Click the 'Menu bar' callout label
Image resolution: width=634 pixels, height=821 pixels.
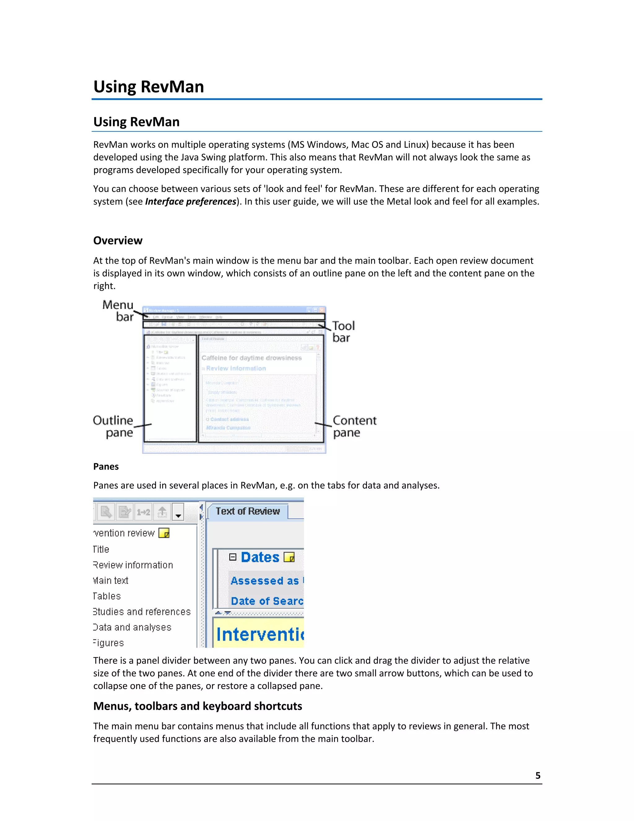click(x=118, y=310)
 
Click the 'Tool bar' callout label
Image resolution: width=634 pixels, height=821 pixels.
click(x=343, y=331)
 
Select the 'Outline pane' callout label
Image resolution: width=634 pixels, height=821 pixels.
click(x=113, y=426)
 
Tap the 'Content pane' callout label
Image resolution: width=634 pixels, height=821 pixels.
click(x=354, y=426)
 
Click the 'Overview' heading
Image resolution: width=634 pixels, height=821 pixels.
click(x=118, y=241)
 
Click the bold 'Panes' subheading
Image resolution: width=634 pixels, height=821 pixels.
click(x=106, y=467)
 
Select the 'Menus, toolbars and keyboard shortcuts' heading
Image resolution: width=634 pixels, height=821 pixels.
click(x=198, y=706)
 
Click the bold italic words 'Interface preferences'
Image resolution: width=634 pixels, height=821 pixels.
click(x=190, y=201)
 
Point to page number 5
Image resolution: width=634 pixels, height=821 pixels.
click(x=537, y=775)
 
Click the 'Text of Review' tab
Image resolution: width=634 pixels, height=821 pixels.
click(x=248, y=511)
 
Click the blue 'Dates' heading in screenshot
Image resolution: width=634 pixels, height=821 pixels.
click(x=260, y=557)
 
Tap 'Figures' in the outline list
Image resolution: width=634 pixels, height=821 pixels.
click(x=109, y=643)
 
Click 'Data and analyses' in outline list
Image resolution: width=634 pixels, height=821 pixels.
click(x=132, y=627)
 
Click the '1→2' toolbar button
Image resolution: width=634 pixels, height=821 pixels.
click(x=143, y=512)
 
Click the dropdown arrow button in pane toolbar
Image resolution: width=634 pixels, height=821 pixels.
click(x=178, y=512)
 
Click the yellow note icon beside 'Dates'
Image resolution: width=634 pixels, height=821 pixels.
click(x=289, y=557)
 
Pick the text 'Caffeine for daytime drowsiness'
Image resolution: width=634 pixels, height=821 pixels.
click(x=251, y=358)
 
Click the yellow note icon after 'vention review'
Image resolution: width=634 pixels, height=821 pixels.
click(x=164, y=533)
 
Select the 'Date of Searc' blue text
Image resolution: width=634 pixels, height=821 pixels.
click(x=267, y=601)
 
